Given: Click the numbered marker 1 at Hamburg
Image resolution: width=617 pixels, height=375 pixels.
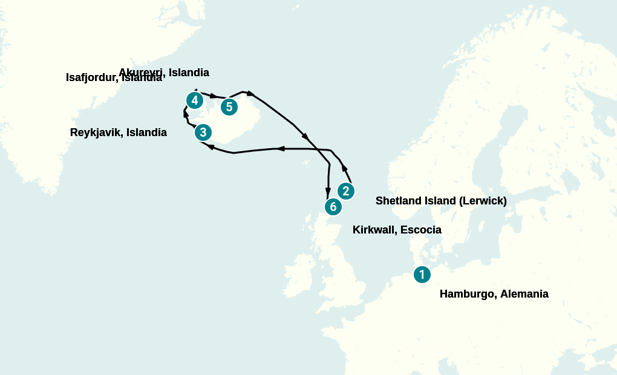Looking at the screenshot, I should click(422, 274).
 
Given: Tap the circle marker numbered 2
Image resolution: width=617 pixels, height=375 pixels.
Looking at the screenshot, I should click(345, 191).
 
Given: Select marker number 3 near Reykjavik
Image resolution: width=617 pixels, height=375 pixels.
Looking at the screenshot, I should click(203, 132).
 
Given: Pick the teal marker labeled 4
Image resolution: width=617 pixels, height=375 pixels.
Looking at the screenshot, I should click(194, 100).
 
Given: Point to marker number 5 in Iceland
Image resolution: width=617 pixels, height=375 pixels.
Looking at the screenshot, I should click(229, 107).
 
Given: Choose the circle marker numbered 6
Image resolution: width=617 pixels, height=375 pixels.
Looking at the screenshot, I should click(333, 207).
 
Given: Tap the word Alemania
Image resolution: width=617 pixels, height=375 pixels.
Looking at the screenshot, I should click(525, 295).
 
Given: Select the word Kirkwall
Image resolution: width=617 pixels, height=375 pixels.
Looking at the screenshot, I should click(374, 230).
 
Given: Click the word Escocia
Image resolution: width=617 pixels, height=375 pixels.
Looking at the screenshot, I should click(421, 230).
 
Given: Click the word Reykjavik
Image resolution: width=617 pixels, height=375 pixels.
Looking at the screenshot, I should click(96, 132).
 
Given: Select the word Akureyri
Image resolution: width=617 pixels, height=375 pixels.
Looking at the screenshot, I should click(141, 73).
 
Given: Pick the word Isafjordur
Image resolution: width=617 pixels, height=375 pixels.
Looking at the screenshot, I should click(92, 78).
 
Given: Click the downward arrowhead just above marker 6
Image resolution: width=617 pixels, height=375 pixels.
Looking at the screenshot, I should click(328, 191).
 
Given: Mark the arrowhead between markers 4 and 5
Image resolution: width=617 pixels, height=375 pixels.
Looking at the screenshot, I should click(214, 96).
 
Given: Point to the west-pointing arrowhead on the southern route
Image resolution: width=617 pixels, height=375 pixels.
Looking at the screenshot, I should click(280, 149).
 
